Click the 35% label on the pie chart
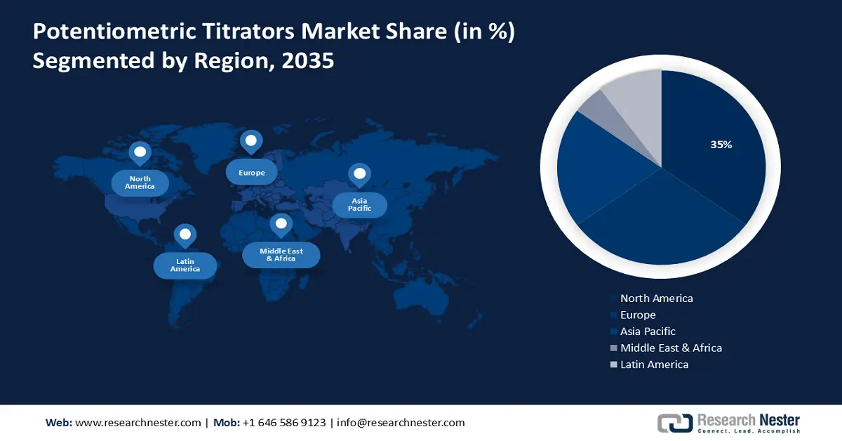(721, 145)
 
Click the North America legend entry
(656, 298)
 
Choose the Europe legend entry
(637, 315)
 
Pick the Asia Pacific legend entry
(647, 331)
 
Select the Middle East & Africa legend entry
(670, 348)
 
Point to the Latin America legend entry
(654, 364)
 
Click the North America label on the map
(140, 183)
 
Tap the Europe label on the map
(250, 172)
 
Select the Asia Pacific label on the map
(359, 205)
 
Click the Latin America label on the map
(185, 265)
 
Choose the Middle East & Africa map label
(281, 255)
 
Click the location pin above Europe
(250, 142)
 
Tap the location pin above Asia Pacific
(359, 175)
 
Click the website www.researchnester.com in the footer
(138, 423)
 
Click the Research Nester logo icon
(674, 423)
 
